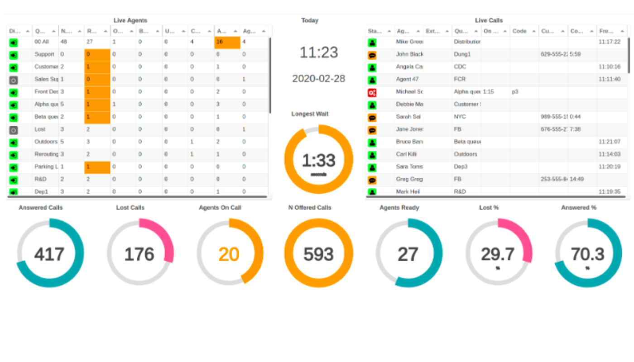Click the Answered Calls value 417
click(49, 254)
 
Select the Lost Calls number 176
click(139, 254)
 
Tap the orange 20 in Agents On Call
click(229, 254)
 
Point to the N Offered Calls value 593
click(318, 254)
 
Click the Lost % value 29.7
click(498, 254)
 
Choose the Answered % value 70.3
click(587, 254)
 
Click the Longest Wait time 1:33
click(318, 161)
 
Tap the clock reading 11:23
click(319, 52)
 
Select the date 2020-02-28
click(319, 78)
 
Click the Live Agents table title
click(130, 20)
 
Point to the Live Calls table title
click(489, 20)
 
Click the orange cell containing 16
click(227, 42)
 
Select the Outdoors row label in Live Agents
click(46, 142)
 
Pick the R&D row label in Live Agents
click(40, 179)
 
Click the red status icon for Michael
click(372, 92)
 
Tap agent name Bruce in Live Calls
click(409, 142)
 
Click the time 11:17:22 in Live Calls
click(609, 41)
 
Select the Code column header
click(519, 31)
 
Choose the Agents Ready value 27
click(408, 254)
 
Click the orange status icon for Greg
click(372, 180)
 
